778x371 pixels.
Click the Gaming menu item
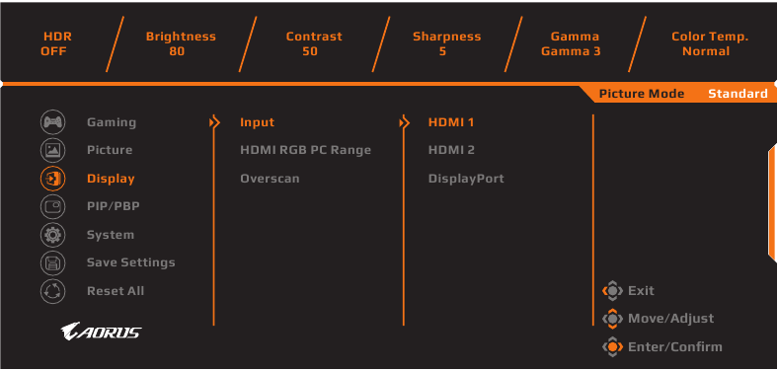pos(112,122)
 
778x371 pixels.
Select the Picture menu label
pos(110,150)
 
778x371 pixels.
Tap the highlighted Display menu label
pos(111,179)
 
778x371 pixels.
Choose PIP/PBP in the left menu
pos(115,206)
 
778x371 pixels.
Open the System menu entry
pos(111,235)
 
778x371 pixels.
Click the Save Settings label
pos(130,262)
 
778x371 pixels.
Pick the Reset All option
pos(116,291)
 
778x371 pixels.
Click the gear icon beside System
pos(51,235)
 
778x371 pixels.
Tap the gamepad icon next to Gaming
pos(51,122)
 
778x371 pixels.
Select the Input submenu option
pos(257,122)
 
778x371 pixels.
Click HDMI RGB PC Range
pos(305,150)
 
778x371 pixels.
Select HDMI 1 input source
pos(451,122)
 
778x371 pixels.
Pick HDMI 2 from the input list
pos(451,150)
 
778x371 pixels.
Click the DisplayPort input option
pos(466,179)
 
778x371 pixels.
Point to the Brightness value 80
pos(177,51)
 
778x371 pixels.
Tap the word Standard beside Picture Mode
pos(737,94)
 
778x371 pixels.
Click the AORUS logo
pos(101,332)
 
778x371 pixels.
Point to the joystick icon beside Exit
pos(612,291)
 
